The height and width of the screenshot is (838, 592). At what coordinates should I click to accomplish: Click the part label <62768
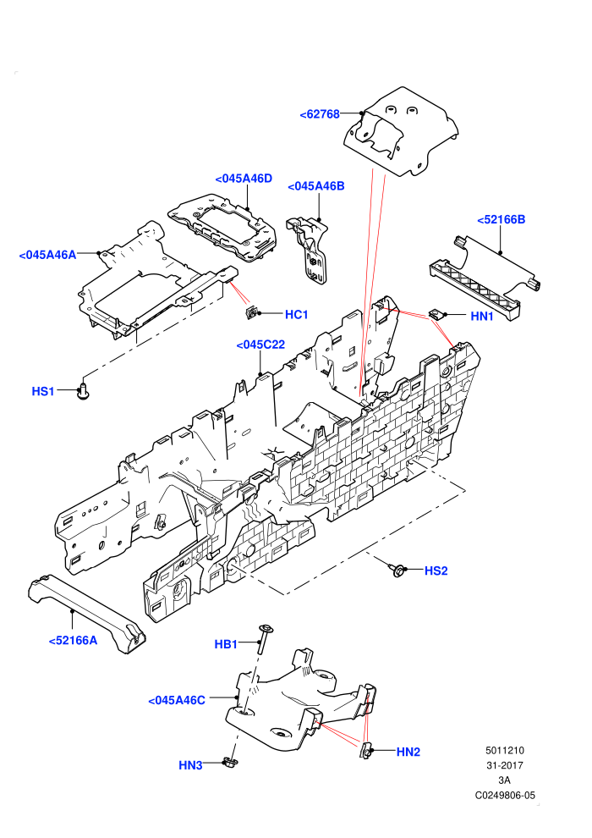(320, 114)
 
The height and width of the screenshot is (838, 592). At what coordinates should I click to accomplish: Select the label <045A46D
(244, 179)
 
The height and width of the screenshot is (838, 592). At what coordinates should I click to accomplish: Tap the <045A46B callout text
(316, 186)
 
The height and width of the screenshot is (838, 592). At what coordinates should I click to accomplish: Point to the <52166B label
(501, 219)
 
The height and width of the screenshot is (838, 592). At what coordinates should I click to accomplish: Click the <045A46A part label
(47, 255)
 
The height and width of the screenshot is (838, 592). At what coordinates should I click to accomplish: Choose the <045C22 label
(260, 345)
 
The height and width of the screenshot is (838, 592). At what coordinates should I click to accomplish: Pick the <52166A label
(73, 640)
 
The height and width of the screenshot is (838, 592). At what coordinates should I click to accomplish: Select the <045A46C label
(176, 700)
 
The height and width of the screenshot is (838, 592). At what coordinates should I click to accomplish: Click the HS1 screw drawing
(83, 391)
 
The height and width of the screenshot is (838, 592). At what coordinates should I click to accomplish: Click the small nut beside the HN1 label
(436, 314)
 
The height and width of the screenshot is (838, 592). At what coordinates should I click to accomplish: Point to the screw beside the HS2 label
(397, 571)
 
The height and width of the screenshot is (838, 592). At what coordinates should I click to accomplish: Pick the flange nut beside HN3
(228, 762)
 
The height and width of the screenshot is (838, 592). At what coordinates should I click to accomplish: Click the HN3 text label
(190, 765)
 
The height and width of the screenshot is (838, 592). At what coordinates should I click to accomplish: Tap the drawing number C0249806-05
(504, 795)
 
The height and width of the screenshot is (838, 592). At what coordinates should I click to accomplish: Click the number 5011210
(504, 750)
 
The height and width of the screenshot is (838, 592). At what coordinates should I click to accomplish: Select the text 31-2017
(504, 765)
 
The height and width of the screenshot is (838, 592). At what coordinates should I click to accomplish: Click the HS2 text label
(436, 571)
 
